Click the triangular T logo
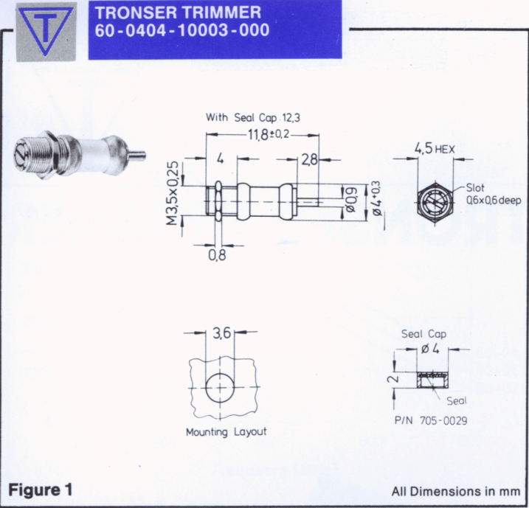pyautogui.click(x=46, y=31)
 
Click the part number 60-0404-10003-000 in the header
pyautogui.click(x=181, y=30)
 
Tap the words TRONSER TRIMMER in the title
pyautogui.click(x=178, y=13)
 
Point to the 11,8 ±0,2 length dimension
pyautogui.click(x=269, y=134)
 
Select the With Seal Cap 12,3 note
pyautogui.click(x=253, y=118)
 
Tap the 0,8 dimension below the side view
pyautogui.click(x=217, y=255)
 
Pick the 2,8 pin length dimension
pyautogui.click(x=309, y=159)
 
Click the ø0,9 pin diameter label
pyautogui.click(x=351, y=201)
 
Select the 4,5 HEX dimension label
pyautogui.click(x=435, y=148)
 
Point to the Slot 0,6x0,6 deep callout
pyautogui.click(x=494, y=194)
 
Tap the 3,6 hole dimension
pyautogui.click(x=221, y=333)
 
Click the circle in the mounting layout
pyautogui.click(x=206, y=388)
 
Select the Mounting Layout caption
pyautogui.click(x=227, y=432)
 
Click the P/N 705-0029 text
pyautogui.click(x=431, y=421)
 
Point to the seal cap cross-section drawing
pyautogui.click(x=433, y=380)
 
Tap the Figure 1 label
pyautogui.click(x=40, y=490)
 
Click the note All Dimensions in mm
pyautogui.click(x=456, y=492)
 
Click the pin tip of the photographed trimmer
pyautogui.click(x=144, y=156)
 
